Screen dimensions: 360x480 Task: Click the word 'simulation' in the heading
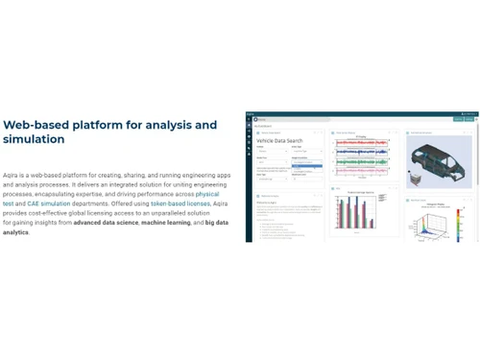pos(34,140)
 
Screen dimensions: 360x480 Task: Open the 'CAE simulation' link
pos(49,204)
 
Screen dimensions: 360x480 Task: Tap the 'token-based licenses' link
pos(180,204)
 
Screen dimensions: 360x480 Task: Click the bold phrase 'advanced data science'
pos(105,223)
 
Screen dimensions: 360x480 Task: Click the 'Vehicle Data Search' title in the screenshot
pos(279,141)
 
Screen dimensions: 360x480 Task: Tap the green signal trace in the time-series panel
pos(361,162)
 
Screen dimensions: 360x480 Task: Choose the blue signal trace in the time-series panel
pos(361,152)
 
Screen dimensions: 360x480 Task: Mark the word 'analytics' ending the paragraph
pos(15,232)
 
